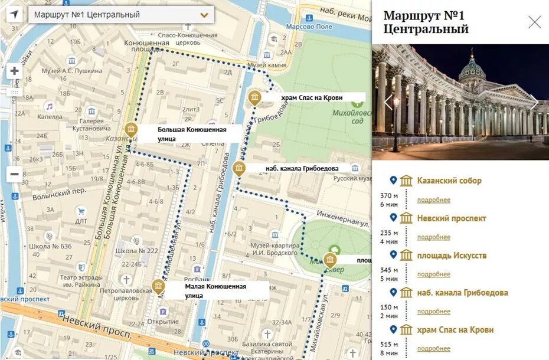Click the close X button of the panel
point(534,22)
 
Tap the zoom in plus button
point(14,71)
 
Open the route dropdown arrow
point(205,15)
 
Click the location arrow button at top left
point(14,15)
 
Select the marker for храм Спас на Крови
point(254,97)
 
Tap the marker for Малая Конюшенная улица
point(158,286)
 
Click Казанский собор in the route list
point(449,181)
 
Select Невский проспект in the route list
point(451,218)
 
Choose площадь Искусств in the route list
point(452,256)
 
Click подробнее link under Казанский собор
point(433,200)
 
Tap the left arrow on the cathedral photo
point(388,102)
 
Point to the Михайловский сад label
point(353,116)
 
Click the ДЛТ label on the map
point(81,221)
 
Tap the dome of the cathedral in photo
point(472,67)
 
